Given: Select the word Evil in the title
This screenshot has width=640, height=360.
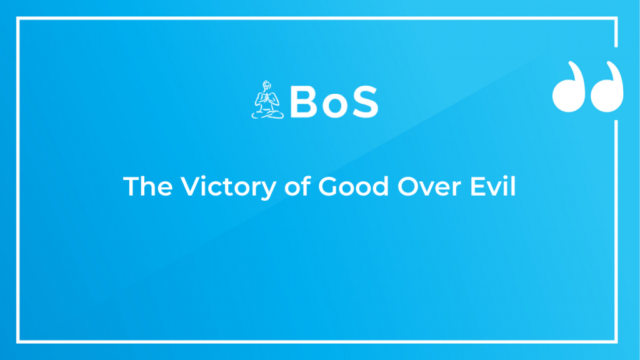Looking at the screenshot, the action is pyautogui.click(x=493, y=186).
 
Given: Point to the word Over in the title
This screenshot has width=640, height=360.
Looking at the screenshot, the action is pyautogui.click(x=429, y=186).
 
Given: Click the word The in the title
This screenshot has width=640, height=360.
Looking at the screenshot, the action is pyautogui.click(x=147, y=186).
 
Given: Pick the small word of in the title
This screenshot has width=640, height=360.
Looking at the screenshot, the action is pyautogui.click(x=297, y=186).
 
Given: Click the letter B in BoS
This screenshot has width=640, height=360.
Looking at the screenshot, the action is pyautogui.click(x=304, y=102).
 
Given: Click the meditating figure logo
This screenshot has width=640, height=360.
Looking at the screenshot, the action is pyautogui.click(x=267, y=100).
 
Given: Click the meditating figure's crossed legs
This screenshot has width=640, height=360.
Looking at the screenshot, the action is pyautogui.click(x=267, y=114).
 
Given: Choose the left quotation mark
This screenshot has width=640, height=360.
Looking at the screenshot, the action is pyautogui.click(x=569, y=87).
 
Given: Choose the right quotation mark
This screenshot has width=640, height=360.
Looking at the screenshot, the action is pyautogui.click(x=607, y=87).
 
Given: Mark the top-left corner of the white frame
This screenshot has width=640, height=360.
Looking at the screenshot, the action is pyautogui.click(x=18, y=18).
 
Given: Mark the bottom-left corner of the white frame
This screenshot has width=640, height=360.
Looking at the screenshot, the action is pyautogui.click(x=18, y=342).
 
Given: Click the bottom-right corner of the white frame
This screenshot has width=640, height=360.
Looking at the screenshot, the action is pyautogui.click(x=616, y=342).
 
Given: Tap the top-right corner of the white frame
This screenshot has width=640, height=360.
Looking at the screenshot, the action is pyautogui.click(x=616, y=18).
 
